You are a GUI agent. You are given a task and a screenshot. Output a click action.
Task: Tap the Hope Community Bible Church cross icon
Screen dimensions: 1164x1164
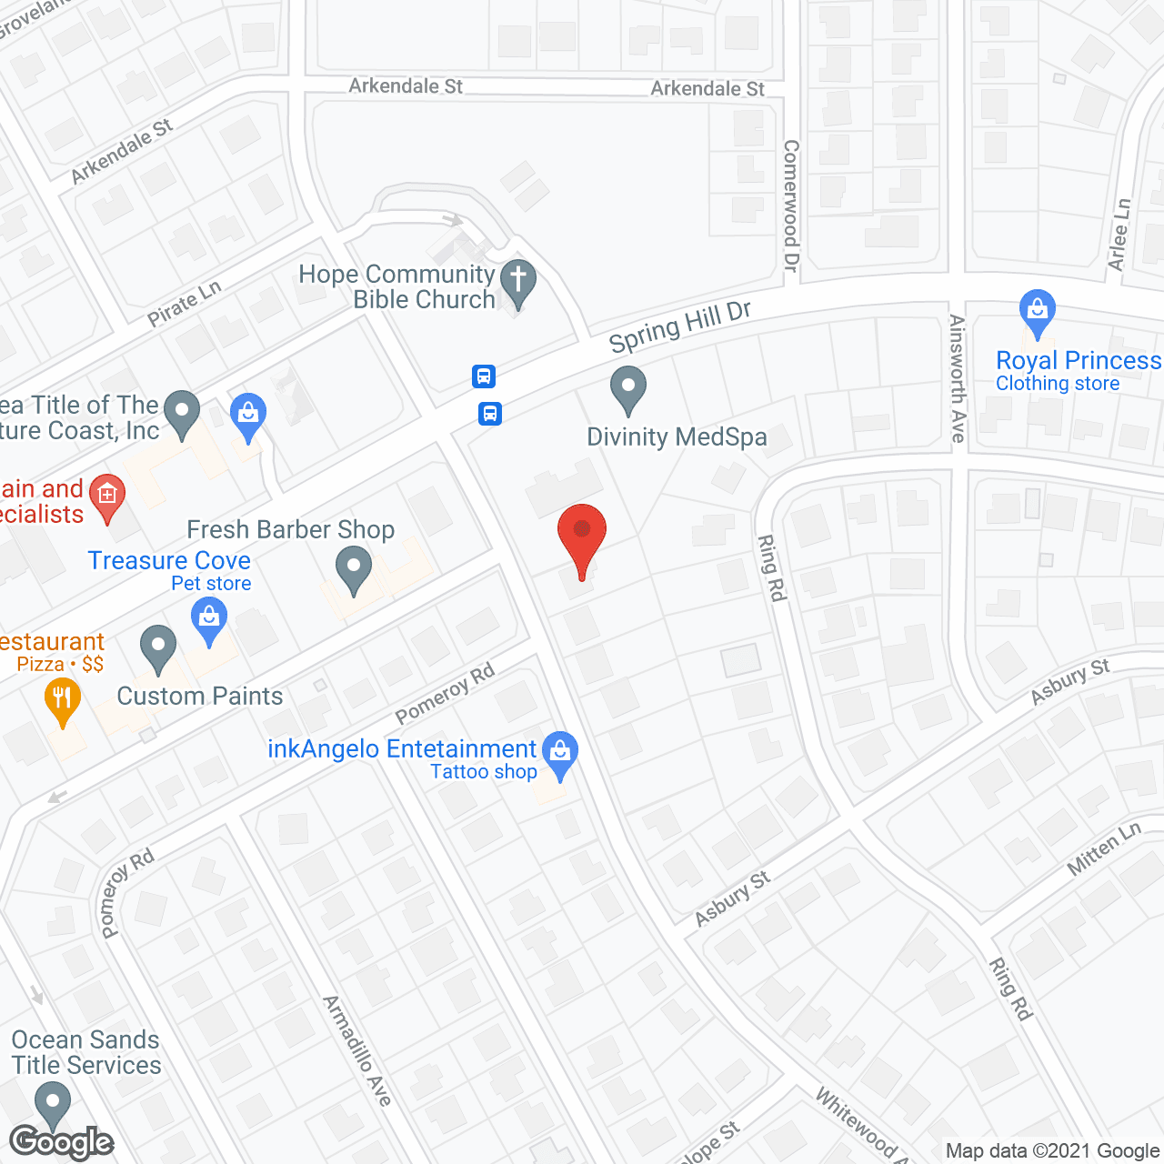click(x=518, y=282)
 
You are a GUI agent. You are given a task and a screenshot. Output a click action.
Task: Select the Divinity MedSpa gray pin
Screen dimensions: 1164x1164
click(x=627, y=388)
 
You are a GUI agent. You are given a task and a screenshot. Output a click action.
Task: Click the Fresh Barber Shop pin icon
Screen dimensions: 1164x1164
click(x=354, y=571)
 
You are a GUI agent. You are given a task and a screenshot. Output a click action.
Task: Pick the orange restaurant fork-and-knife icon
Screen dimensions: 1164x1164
click(x=62, y=701)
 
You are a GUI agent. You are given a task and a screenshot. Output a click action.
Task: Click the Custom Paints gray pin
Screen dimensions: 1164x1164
click(x=158, y=649)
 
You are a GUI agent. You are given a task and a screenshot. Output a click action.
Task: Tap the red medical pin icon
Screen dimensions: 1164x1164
click(x=107, y=497)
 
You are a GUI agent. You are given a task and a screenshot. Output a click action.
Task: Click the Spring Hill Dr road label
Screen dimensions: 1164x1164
click(x=680, y=326)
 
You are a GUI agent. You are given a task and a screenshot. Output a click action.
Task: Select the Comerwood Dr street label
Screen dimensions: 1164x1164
click(x=791, y=206)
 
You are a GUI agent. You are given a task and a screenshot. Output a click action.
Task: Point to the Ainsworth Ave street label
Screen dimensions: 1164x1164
click(x=957, y=378)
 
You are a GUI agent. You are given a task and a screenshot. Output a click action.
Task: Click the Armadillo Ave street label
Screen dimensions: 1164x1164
click(x=357, y=1050)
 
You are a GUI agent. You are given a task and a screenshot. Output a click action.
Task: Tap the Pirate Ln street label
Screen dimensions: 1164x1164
click(x=185, y=304)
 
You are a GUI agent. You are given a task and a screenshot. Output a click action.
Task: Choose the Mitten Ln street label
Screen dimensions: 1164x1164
click(x=1103, y=849)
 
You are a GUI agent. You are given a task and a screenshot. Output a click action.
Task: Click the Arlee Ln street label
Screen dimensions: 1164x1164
click(x=1119, y=235)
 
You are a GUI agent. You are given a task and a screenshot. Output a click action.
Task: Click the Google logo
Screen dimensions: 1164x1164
click(x=62, y=1142)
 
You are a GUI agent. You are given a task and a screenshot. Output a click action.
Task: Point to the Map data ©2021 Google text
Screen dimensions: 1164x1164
click(x=1053, y=1151)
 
